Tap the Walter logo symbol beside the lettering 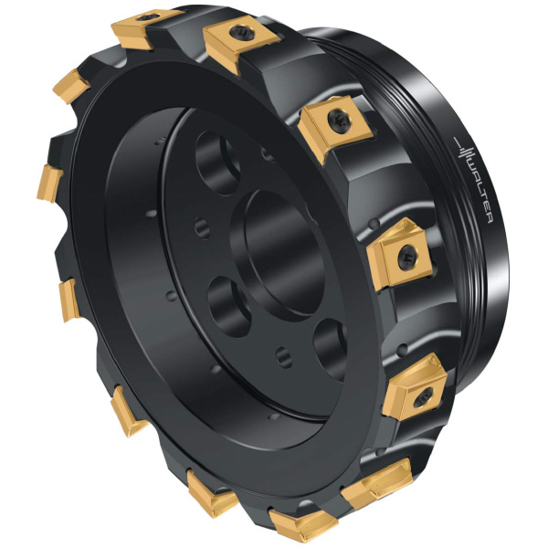pos(463,151)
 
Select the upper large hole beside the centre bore pos(217,163)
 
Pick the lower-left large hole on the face pos(229,306)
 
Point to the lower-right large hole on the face pos(332,349)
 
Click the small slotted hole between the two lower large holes pos(284,357)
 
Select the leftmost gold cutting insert pos(49,184)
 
